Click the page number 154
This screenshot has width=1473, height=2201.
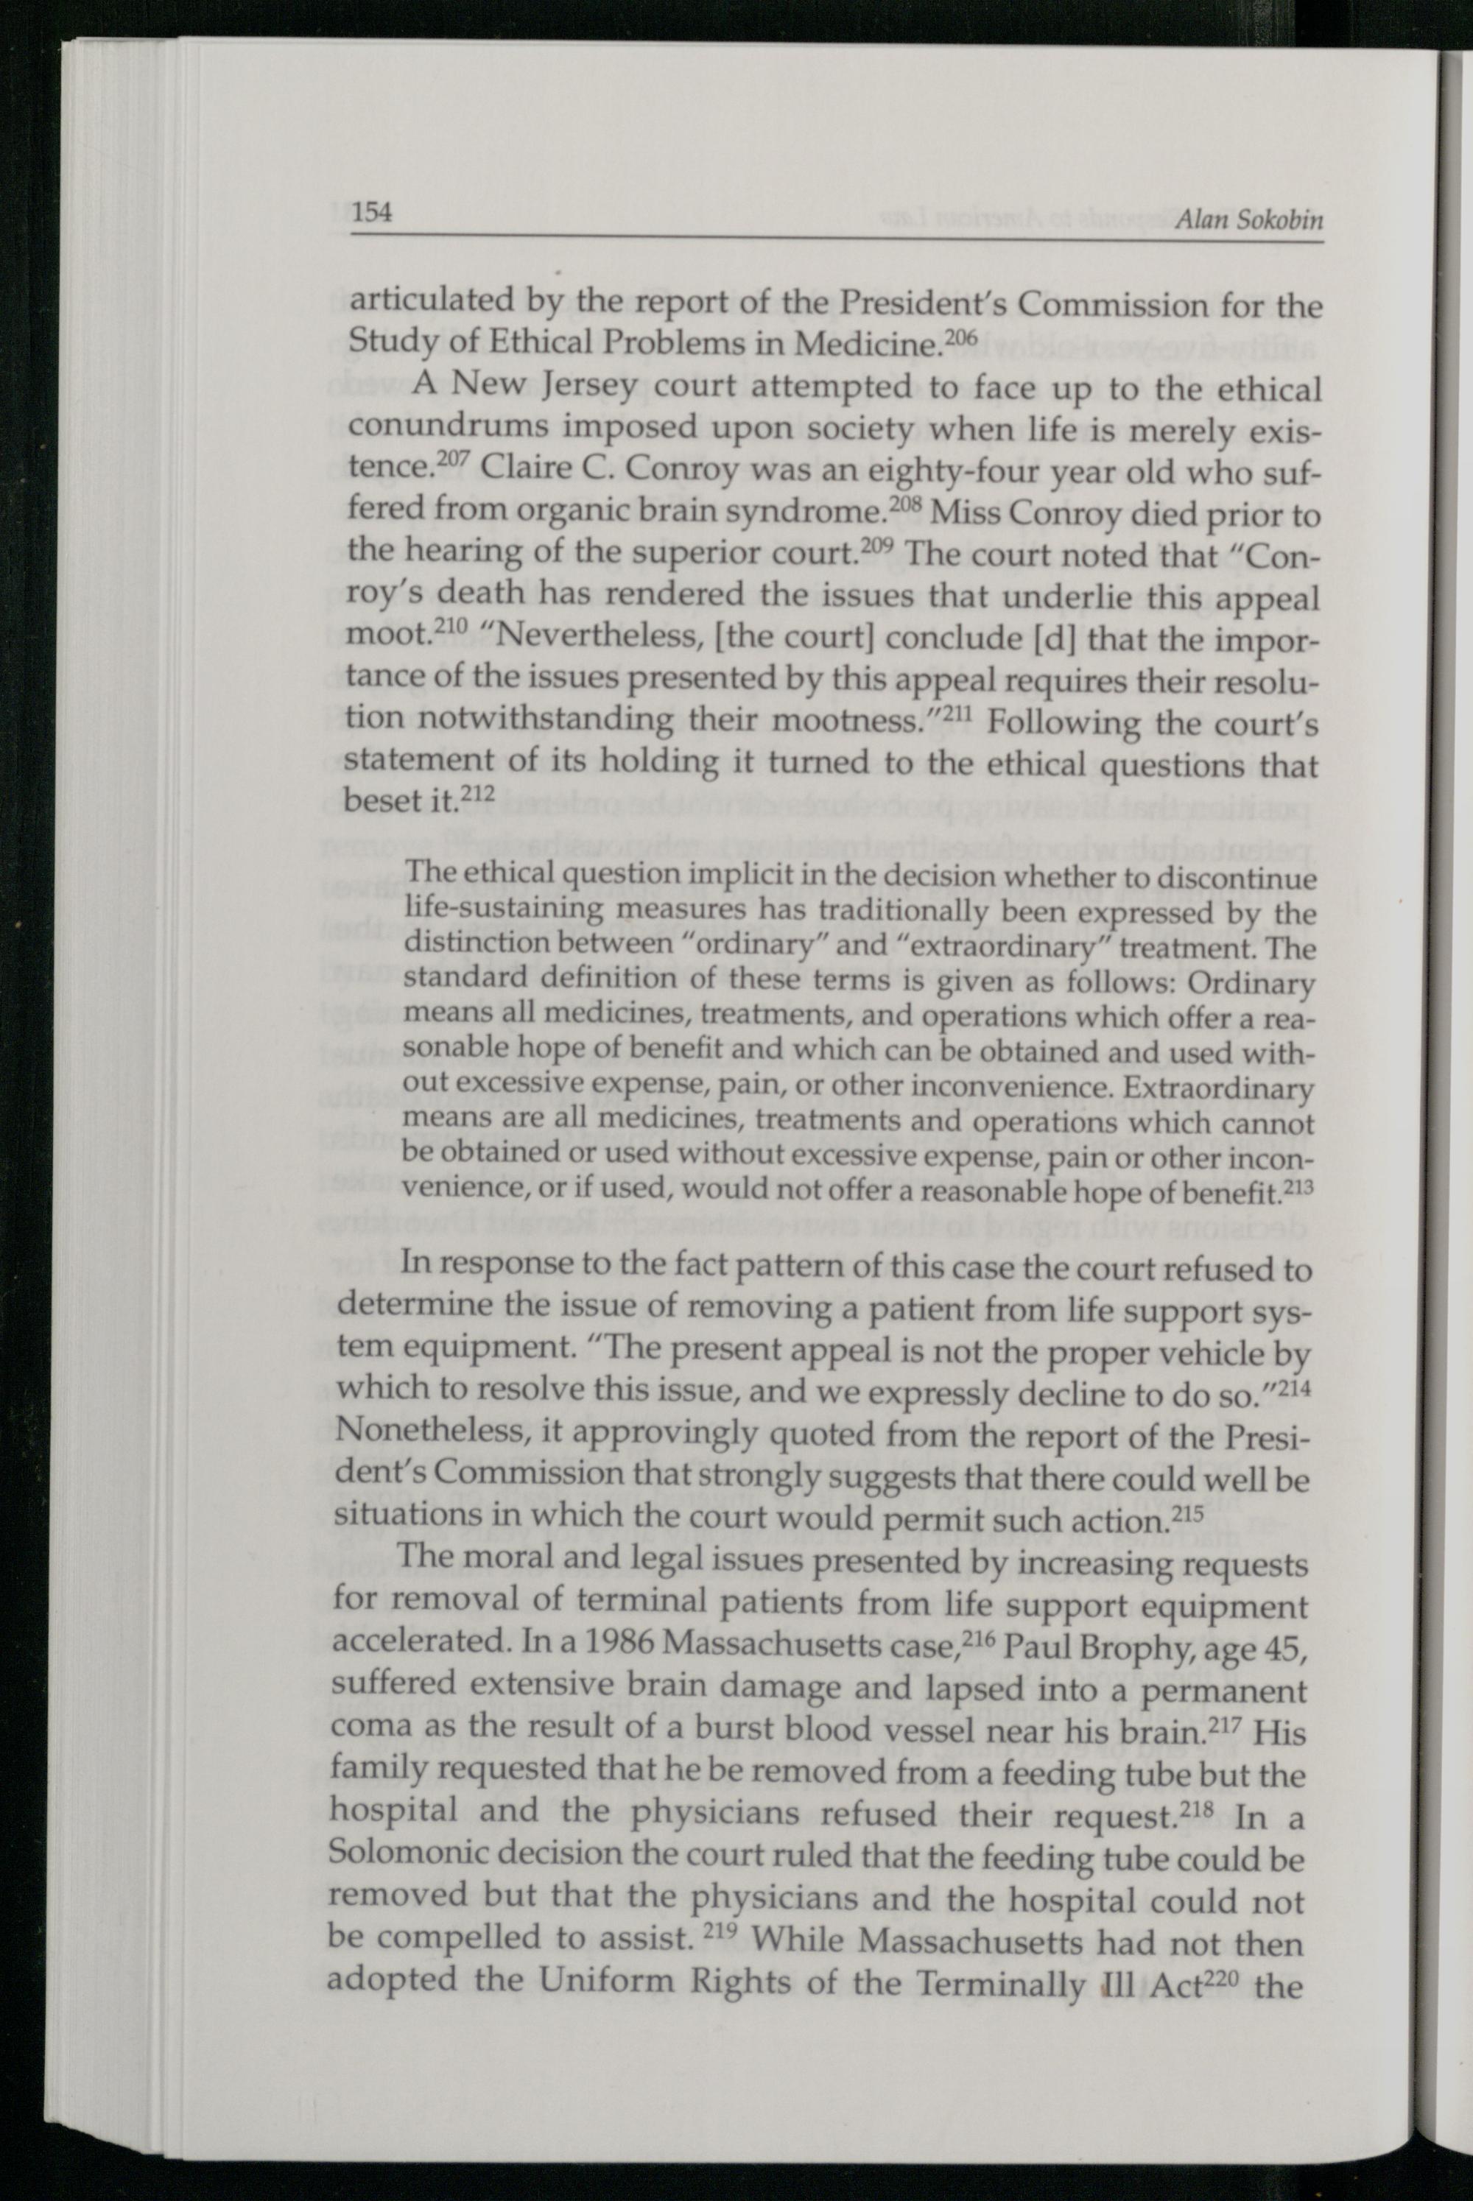click(x=371, y=214)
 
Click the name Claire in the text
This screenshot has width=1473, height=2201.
click(x=524, y=471)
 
